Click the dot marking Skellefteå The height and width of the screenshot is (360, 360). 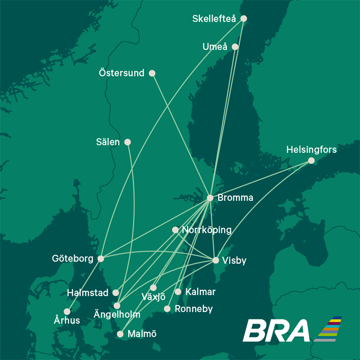tap(243, 18)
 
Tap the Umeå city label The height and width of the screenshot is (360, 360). tap(215, 47)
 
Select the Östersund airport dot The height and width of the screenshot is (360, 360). tap(152, 73)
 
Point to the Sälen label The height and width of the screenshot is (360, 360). tap(108, 142)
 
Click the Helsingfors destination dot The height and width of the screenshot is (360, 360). tap(311, 160)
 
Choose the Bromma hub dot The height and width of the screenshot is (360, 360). tap(210, 198)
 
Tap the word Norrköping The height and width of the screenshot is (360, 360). tap(207, 230)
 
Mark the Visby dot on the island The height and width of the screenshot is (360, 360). tap(216, 260)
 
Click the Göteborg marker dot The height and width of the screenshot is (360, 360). tap(101, 259)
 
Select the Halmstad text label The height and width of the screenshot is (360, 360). tap(88, 293)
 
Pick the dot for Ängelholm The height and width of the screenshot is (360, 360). tap(117, 306)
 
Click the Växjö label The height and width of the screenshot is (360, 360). tap(153, 297)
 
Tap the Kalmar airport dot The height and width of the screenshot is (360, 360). tap(178, 292)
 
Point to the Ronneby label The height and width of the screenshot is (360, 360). tap(193, 309)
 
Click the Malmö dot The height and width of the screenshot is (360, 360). tap(120, 334)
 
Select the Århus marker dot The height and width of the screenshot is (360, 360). tap(67, 311)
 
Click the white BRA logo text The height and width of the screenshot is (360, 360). tap(276, 331)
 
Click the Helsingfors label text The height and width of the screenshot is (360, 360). tap(311, 149)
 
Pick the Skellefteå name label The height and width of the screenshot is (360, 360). tap(215, 18)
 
